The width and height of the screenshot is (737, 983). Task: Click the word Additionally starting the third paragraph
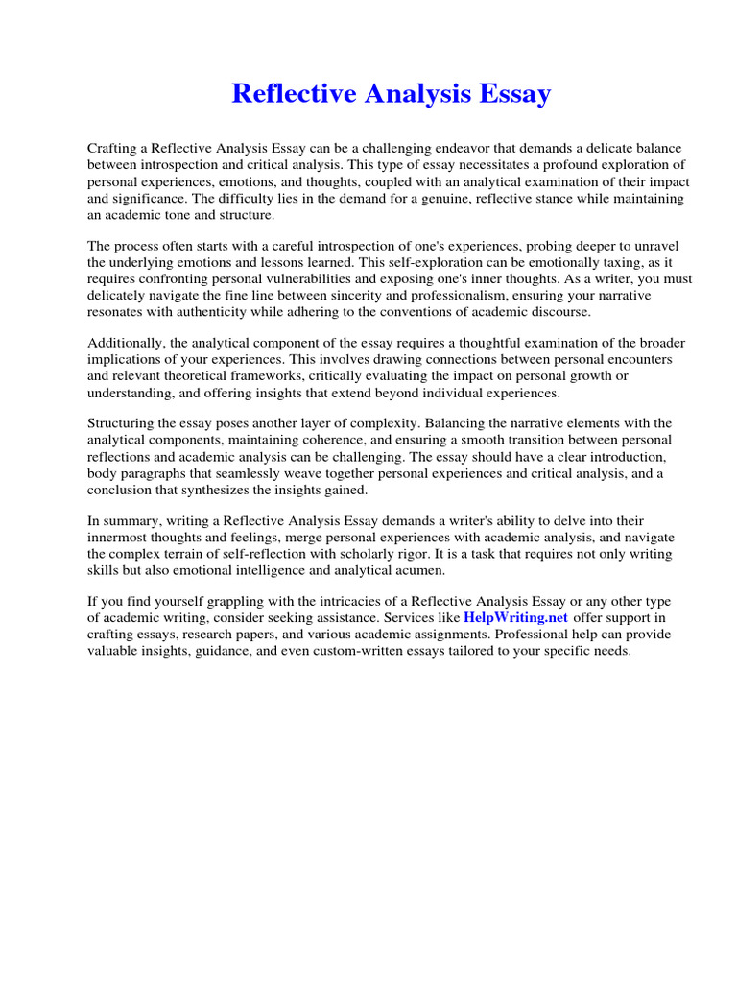click(x=126, y=344)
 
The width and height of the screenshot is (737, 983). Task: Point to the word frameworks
click(x=293, y=376)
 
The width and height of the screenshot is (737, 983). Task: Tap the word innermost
click(x=121, y=539)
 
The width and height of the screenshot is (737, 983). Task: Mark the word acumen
click(x=418, y=571)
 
